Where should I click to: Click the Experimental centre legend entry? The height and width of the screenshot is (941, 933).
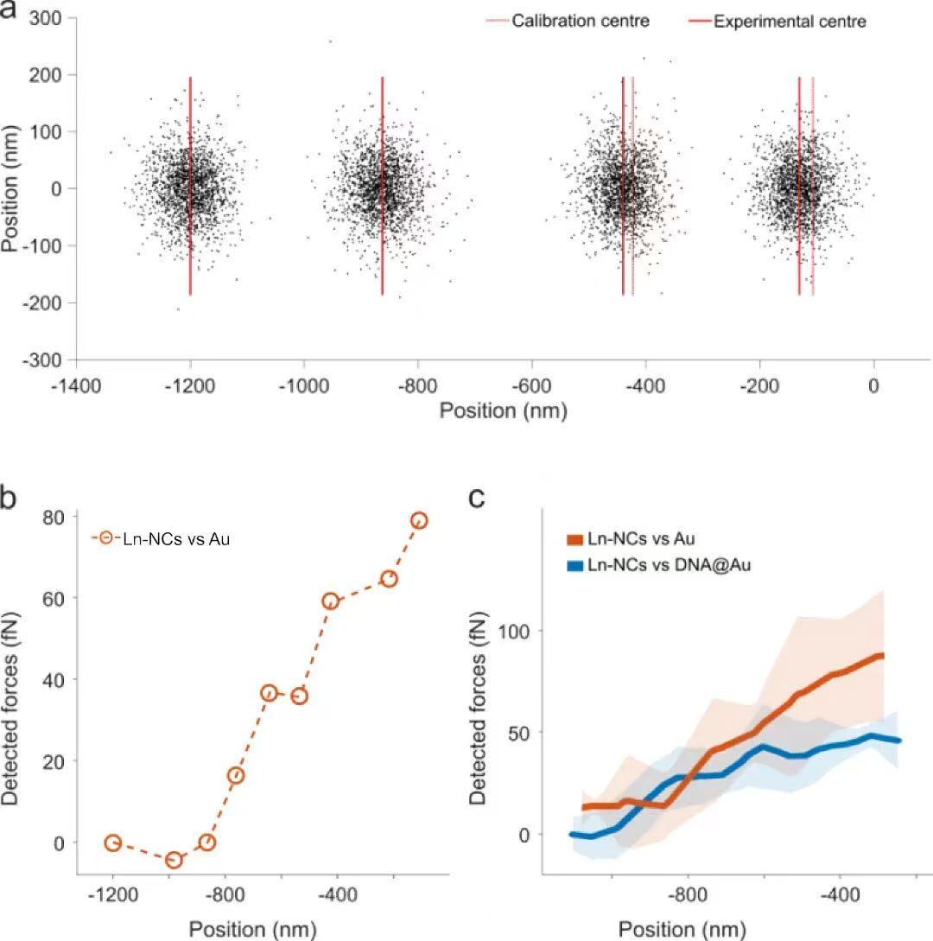(x=789, y=21)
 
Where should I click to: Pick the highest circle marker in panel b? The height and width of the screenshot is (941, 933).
(x=419, y=520)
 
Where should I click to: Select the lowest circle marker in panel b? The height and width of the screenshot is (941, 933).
(x=174, y=859)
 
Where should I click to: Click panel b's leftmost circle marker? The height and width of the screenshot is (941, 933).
(x=112, y=842)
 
